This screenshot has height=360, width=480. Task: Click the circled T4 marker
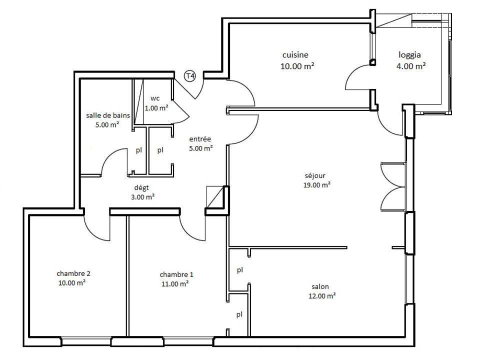point(190,75)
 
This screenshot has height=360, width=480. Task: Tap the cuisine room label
point(295,55)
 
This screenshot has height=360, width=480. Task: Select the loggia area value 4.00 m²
point(411,66)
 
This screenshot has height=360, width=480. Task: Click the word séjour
point(315,175)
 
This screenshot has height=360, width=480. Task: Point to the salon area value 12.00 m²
point(322,296)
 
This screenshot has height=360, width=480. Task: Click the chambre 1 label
point(176,274)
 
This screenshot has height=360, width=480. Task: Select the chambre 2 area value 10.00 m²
point(71,283)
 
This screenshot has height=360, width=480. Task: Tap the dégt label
point(141,187)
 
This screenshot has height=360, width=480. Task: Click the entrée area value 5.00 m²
point(201,148)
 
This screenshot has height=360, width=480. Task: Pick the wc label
point(155,98)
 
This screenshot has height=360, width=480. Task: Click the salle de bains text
point(108,115)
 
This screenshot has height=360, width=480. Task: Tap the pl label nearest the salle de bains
point(139,150)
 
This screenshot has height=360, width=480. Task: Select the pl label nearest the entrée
point(160,150)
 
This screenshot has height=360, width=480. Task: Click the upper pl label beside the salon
point(240,270)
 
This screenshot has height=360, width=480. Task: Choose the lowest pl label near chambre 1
point(239,314)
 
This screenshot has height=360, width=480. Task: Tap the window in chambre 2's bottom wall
point(86,341)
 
